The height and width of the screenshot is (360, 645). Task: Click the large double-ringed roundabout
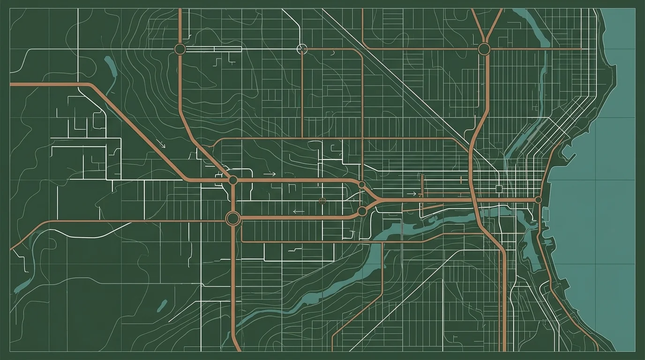(x=232, y=218)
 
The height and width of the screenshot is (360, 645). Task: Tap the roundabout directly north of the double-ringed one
(x=232, y=180)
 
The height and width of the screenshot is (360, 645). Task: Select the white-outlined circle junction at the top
(x=302, y=49)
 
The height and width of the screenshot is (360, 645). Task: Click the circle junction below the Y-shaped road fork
(x=484, y=49)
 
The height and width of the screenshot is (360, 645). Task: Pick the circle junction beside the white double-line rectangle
(x=180, y=49)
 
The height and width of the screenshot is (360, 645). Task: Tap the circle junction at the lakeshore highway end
(x=538, y=200)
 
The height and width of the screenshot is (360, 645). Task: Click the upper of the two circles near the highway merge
(x=361, y=185)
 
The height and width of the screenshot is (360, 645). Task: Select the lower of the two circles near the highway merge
(x=362, y=211)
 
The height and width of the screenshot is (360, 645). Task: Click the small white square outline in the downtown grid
(x=499, y=188)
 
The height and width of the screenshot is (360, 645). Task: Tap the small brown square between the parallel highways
(x=322, y=201)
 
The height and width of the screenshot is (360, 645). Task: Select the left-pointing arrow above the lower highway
(x=298, y=211)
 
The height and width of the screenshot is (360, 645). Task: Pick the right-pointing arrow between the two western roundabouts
(x=270, y=174)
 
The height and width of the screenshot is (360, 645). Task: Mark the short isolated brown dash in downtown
(x=461, y=179)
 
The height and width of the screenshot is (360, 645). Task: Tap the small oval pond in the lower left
(x=162, y=306)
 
